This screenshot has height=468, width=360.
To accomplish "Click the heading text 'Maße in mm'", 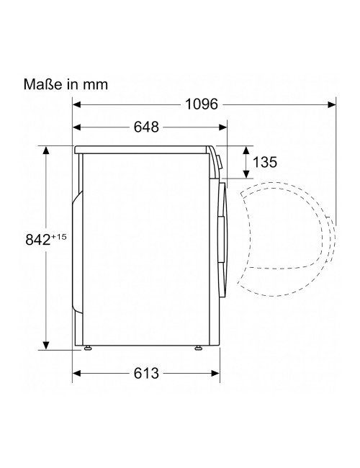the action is coord(66,84).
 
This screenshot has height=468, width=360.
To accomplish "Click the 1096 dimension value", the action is coord(202,104).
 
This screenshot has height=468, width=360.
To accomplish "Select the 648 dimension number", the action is coord(146,127).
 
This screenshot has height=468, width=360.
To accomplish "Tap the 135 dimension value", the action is coord(265,163).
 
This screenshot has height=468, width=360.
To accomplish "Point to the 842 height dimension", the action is coord(38,239).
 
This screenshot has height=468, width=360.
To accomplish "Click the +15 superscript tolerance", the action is coord(58,237).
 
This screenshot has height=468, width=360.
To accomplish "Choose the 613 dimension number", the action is coord(146,373).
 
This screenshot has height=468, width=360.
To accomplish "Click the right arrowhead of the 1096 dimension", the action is coord(332,104).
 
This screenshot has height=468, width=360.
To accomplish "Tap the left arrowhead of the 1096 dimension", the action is coord(77,104).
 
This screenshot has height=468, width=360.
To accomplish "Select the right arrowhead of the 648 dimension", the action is coord(222,127).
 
